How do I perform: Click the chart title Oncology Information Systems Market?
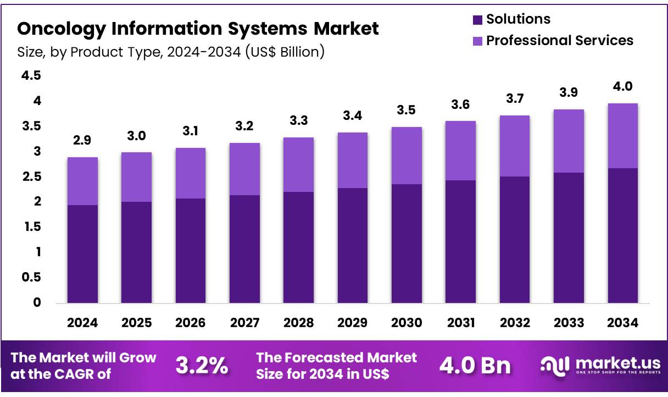[x=198, y=28]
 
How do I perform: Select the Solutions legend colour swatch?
[x=477, y=20]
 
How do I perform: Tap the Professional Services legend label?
[x=560, y=41]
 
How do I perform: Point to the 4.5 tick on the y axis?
[x=31, y=75]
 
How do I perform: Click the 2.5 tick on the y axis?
[x=31, y=177]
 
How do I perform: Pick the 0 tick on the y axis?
[x=37, y=302]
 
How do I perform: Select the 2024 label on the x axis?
[x=82, y=323]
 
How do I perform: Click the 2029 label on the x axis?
[x=353, y=323]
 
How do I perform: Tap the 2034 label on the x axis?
[x=623, y=323]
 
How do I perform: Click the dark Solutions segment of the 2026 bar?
[x=191, y=250]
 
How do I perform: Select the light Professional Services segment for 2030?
[x=407, y=156]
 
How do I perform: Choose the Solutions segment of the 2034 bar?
[x=623, y=235]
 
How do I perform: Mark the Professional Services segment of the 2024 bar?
[x=82, y=181]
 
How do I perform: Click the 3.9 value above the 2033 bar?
[x=569, y=93]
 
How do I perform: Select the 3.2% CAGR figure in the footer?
[x=202, y=366]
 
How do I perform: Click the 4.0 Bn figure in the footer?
[x=475, y=366]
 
